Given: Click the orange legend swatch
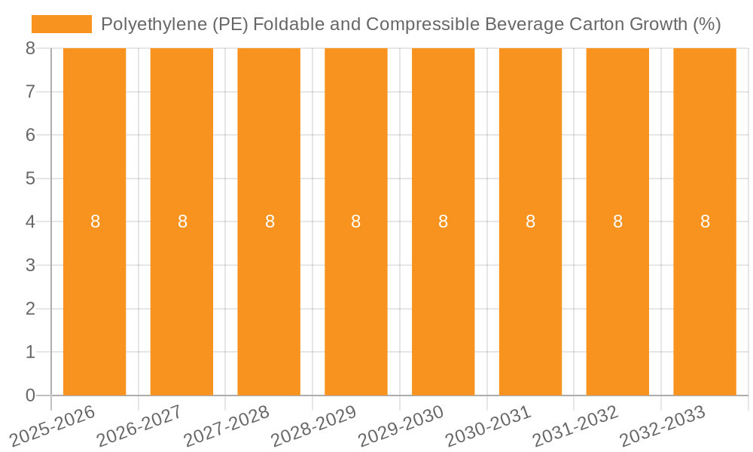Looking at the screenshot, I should point(61,24).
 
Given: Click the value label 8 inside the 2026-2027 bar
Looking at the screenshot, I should point(182,221).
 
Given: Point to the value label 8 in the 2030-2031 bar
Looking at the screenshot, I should point(530,221).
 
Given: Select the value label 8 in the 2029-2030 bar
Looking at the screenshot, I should point(444,221).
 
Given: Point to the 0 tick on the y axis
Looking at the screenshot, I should point(30,395).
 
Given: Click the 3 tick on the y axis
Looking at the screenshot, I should point(30,265).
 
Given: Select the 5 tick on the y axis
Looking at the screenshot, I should point(30,179).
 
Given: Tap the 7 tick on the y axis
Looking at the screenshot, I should point(30,92).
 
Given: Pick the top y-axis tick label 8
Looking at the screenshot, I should point(30,48).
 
